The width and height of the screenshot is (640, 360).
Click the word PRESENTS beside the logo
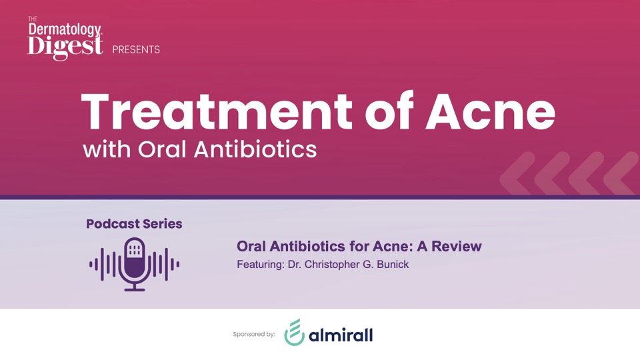[136, 50]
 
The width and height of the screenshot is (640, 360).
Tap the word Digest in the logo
[65, 47]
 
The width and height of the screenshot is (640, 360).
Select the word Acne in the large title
[490, 111]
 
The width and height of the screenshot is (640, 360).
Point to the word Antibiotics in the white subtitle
[255, 149]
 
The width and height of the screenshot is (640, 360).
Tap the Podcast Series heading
[134, 224]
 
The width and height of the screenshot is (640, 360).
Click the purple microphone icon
[135, 264]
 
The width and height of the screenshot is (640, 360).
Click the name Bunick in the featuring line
[393, 265]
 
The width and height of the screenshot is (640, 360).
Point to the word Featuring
[261, 265]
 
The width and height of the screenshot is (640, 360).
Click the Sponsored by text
[254, 334]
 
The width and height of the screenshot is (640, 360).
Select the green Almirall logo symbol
[294, 332]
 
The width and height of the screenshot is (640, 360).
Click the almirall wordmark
[341, 335]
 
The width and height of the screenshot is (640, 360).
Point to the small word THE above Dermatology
[33, 19]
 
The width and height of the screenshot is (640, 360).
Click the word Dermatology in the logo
[65, 29]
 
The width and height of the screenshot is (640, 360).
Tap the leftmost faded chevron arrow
[517, 173]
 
